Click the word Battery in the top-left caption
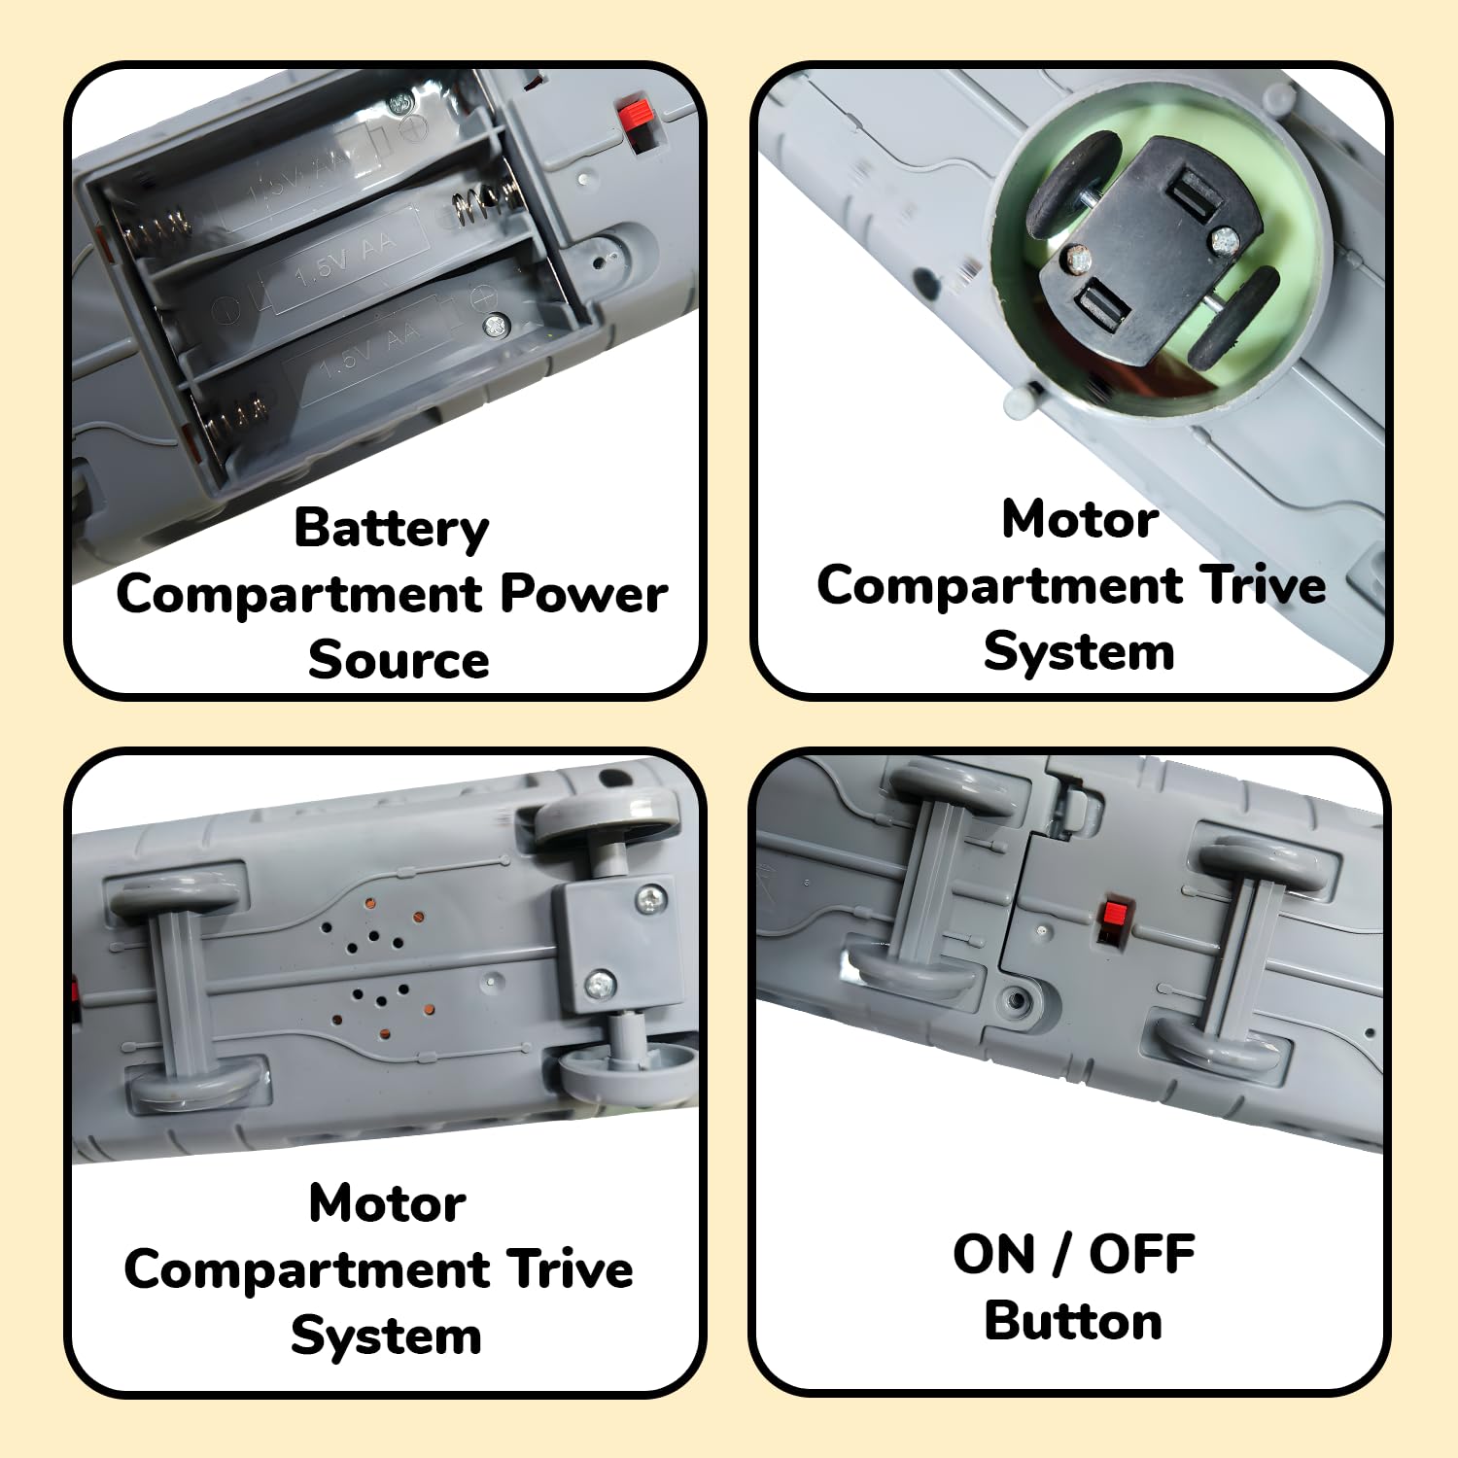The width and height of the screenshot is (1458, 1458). [x=391, y=529]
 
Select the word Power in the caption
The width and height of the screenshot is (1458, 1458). [x=583, y=593]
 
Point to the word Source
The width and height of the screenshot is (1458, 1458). [x=399, y=660]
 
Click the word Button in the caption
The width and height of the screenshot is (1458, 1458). [x=1073, y=1321]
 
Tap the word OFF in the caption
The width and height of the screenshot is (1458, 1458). [x=1141, y=1254]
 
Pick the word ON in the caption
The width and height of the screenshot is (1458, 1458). [x=993, y=1254]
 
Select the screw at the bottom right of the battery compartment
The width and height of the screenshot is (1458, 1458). [x=497, y=326]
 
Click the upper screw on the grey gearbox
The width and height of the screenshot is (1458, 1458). [x=650, y=900]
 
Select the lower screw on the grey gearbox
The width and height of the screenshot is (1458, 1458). [x=600, y=984]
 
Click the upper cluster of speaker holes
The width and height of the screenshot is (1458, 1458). [x=373, y=928]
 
